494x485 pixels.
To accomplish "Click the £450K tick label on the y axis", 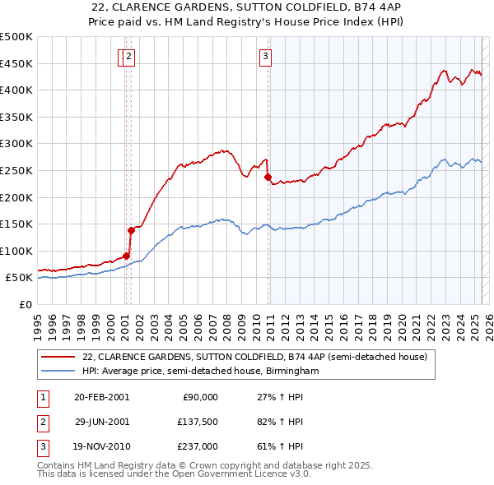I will [17, 63].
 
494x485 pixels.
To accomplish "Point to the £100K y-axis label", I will [17, 251].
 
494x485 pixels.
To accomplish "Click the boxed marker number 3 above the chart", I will [266, 57].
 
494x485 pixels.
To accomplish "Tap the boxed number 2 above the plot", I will [130, 57].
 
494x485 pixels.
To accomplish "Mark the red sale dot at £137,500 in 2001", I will [131, 230].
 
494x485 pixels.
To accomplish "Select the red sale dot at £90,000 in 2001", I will [126, 256].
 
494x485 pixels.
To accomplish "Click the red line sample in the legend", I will [58, 358].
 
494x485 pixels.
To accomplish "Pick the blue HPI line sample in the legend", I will [58, 372].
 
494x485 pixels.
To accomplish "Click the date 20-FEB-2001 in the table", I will [101, 397].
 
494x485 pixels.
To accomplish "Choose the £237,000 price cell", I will [198, 446].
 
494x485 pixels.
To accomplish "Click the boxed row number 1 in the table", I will [43, 397].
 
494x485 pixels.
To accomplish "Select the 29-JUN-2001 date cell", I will [101, 422].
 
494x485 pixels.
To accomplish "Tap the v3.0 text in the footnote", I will [298, 474].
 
